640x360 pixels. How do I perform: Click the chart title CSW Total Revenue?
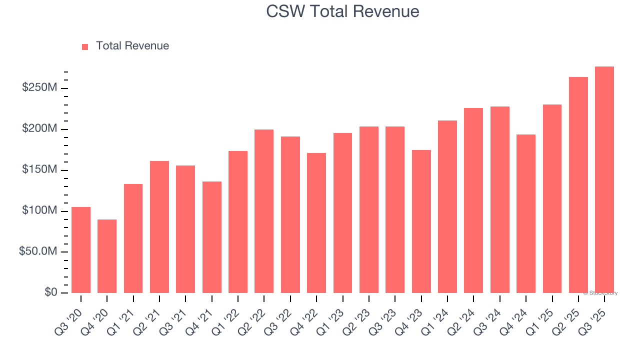pos(342,11)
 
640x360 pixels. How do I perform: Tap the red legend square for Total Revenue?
pos(85,46)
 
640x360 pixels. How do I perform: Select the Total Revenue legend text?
pos(132,46)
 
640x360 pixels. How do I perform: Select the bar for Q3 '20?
pos(81,250)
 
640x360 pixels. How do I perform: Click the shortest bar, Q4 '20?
pos(107,256)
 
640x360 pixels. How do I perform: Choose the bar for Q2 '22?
pos(264,211)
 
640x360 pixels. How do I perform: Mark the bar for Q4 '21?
pos(212,237)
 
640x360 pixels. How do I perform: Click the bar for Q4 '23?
pos(421,221)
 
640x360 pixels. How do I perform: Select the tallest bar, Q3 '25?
pos(604,180)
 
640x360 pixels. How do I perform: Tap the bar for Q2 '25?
pos(578,185)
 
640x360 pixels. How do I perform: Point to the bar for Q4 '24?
pos(526,213)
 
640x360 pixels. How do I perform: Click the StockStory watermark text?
pos(600,293)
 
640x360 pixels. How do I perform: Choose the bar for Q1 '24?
pos(447,206)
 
